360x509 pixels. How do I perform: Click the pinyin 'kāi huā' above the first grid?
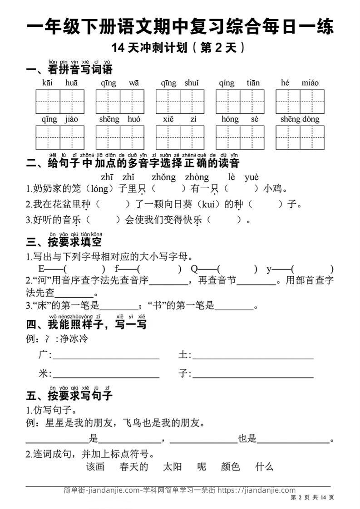[x=60, y=83]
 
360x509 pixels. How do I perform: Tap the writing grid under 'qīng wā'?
[x=120, y=102]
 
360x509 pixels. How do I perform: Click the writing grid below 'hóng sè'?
[x=240, y=137]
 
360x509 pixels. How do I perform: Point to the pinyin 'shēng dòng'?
[x=300, y=119]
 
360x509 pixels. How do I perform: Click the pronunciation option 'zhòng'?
[x=197, y=177]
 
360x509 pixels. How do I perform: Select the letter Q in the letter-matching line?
[x=194, y=269]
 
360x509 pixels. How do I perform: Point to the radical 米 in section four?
[x=43, y=374]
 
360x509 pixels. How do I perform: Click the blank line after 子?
[x=253, y=377]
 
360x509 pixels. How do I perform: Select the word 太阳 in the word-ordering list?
[x=172, y=466]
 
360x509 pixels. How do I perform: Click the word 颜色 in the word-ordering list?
[x=230, y=466]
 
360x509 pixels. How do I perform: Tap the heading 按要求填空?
[x=74, y=242]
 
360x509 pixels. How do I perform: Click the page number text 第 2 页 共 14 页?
[x=312, y=498]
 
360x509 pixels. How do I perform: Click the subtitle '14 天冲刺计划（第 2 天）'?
[x=180, y=47]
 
